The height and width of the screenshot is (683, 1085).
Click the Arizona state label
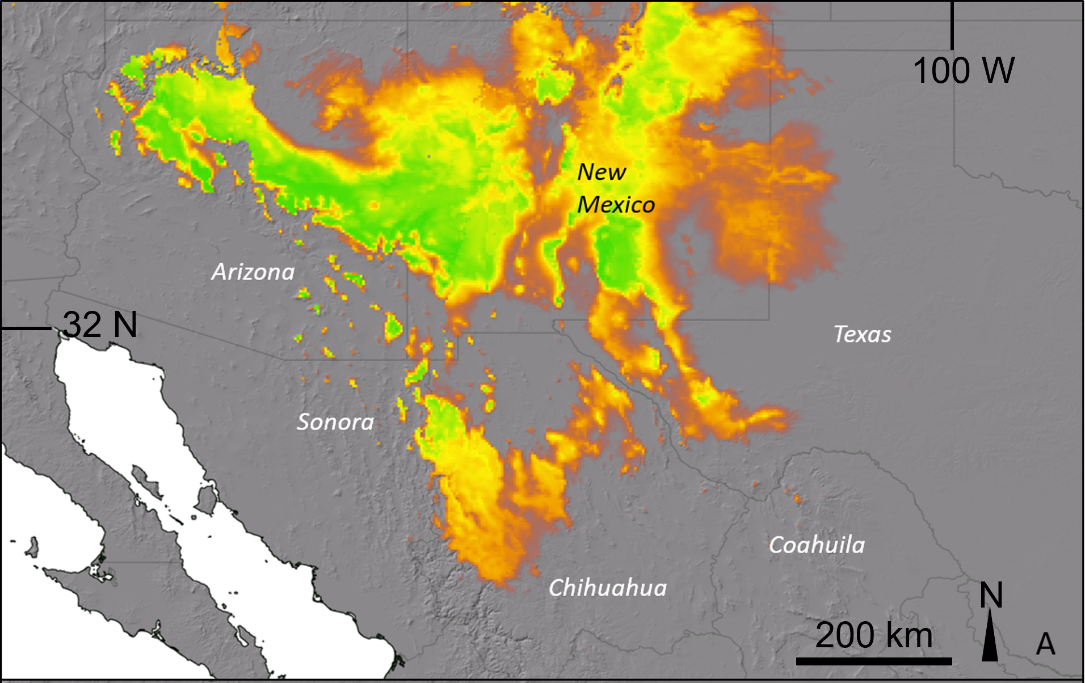click(253, 272)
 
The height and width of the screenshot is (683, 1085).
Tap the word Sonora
click(335, 422)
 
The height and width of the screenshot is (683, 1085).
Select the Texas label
click(862, 334)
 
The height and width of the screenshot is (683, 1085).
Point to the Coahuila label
click(817, 545)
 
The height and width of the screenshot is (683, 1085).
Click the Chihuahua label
click(608, 588)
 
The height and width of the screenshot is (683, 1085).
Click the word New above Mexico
click(602, 172)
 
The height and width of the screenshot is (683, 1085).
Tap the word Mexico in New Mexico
click(616, 205)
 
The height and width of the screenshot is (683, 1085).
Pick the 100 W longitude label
click(964, 71)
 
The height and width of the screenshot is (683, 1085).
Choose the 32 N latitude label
click(100, 324)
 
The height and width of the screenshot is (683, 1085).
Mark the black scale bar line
click(873, 661)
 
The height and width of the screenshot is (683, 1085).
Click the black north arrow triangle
click(990, 638)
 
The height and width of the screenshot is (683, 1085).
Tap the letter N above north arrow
click(991, 595)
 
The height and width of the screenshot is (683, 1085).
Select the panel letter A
click(1045, 644)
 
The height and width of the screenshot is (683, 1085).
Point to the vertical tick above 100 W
click(952, 26)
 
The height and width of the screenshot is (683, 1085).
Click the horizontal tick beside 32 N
click(26, 328)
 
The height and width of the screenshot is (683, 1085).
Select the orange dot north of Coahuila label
click(797, 499)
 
